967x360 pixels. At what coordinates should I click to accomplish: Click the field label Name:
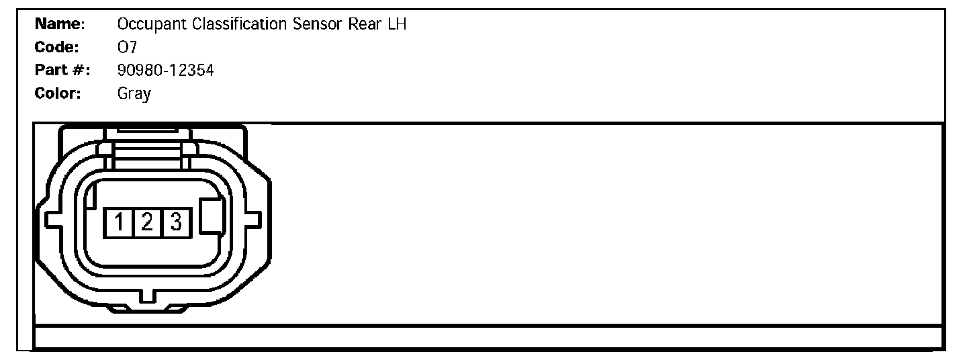[x=60, y=25]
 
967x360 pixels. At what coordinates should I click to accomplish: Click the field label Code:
[x=58, y=47]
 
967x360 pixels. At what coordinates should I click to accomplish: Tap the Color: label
[x=58, y=93]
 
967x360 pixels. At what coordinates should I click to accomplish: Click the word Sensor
[x=318, y=25]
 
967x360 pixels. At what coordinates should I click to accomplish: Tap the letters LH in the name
[x=397, y=25]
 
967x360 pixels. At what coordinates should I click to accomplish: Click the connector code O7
[x=127, y=47]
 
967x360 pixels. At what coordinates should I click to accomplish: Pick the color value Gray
[x=134, y=93]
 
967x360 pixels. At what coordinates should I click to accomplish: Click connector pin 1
[x=118, y=222]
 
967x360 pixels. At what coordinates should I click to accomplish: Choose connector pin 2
[x=146, y=222]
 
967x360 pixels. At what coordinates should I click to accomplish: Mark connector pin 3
[x=176, y=222]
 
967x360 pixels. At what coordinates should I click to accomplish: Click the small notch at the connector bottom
[x=147, y=296]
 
